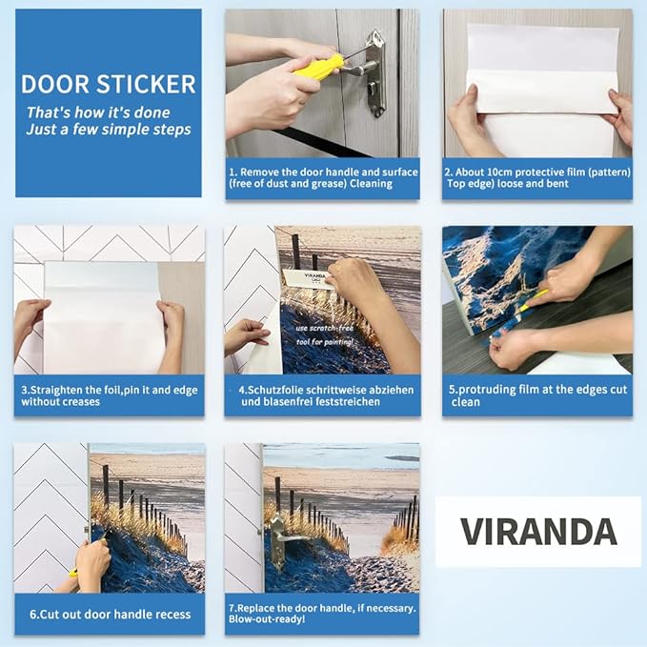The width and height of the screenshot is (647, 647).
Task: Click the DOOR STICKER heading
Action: click(108, 84)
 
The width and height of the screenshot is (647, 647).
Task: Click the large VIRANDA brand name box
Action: click(537, 532)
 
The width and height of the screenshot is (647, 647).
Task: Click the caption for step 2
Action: click(537, 178)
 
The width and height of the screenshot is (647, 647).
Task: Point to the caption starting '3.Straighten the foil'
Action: click(108, 395)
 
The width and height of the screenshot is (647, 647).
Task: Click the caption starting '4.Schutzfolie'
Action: click(322, 395)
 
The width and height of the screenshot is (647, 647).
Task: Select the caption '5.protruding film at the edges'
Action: click(537, 395)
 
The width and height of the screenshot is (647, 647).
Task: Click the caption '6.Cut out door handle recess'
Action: click(109, 614)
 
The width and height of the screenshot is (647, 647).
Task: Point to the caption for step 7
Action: click(322, 614)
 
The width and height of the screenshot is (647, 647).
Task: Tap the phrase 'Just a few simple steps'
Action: click(109, 130)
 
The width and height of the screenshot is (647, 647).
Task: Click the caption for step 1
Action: click(322, 178)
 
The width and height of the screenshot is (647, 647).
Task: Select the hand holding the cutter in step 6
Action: click(92, 563)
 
